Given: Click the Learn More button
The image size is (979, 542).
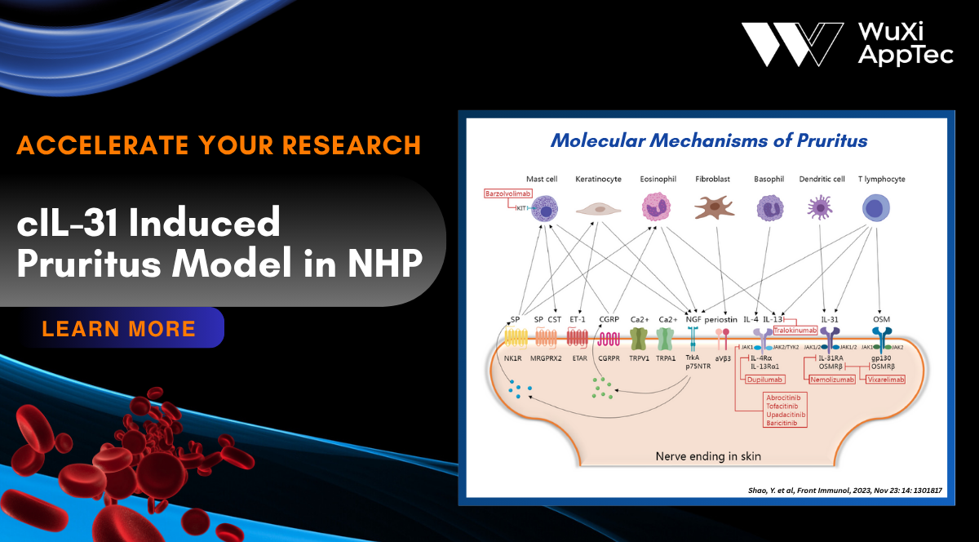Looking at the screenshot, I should (119, 328).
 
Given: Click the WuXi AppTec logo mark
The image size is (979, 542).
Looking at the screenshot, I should (791, 44).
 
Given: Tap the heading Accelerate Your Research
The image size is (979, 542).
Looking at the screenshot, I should (219, 144).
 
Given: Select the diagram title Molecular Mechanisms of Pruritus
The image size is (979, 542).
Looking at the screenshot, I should (708, 140).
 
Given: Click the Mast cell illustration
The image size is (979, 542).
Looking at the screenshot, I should (543, 207).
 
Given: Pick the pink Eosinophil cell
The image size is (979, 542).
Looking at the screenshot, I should (656, 207).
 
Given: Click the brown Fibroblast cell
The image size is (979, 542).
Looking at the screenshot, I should (714, 208).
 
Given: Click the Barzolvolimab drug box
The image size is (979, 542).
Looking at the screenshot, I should (508, 193).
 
